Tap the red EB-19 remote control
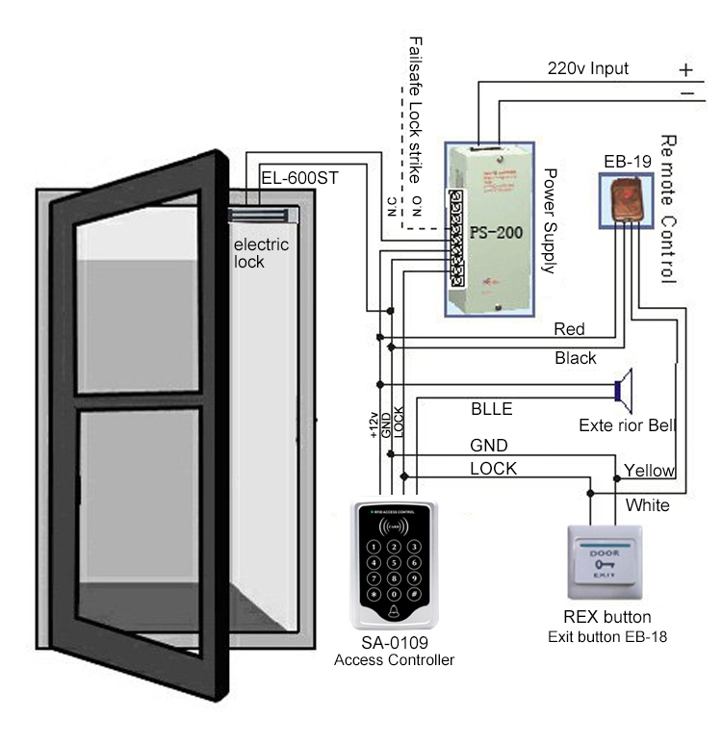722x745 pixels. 626,199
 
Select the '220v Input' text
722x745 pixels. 588,68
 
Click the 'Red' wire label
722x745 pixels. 569,329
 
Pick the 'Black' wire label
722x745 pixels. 576,358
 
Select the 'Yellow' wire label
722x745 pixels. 650,470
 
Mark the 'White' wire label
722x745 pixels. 647,504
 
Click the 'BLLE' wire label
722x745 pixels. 491,409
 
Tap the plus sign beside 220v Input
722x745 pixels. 684,70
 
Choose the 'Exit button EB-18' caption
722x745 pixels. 606,636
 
